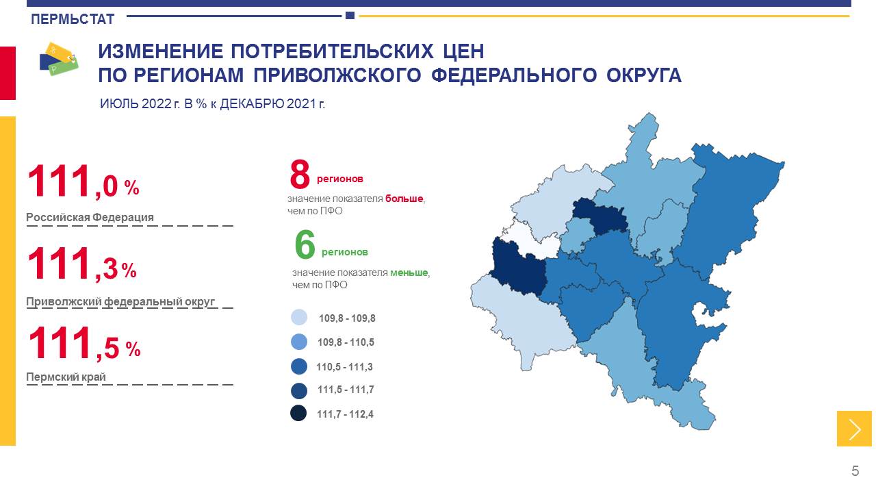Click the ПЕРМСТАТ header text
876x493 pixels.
(73, 18)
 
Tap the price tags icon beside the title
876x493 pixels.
(59, 59)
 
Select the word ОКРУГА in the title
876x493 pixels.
(644, 75)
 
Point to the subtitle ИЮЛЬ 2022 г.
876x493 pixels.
(140, 103)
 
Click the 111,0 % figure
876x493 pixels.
(83, 181)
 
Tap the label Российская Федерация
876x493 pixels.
(90, 217)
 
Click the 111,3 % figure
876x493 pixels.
(82, 264)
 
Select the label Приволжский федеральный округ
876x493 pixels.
(120, 302)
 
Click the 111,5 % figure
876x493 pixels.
(84, 343)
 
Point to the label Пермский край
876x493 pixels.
(66, 377)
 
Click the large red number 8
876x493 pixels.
(300, 174)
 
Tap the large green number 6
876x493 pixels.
(305, 244)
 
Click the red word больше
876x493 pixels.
(404, 199)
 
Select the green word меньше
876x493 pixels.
(409, 273)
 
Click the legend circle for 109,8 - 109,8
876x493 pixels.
(299, 317)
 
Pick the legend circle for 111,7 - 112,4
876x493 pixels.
(298, 413)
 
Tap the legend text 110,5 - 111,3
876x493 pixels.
(344, 366)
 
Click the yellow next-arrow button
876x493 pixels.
(854, 429)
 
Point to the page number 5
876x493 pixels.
(855, 470)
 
